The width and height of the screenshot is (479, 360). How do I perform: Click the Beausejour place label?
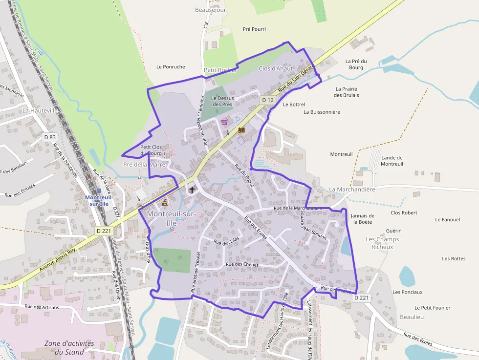[210, 10]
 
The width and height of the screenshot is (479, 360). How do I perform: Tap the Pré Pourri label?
[254, 29]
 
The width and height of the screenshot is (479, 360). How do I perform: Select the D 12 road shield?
[267, 100]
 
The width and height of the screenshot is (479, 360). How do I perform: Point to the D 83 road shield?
[49, 138]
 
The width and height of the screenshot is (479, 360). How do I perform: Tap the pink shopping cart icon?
[224, 122]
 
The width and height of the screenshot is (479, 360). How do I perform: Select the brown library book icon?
[241, 130]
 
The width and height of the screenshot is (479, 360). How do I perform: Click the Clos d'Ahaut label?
[276, 68]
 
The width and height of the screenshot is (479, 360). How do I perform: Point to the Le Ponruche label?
[171, 67]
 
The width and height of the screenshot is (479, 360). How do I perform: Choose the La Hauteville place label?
[40, 111]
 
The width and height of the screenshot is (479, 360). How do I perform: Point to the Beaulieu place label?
[412, 317]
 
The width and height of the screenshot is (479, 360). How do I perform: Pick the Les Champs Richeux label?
[382, 243]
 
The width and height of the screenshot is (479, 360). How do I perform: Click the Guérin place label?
[393, 231]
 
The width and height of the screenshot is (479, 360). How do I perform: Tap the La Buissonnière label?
[322, 112]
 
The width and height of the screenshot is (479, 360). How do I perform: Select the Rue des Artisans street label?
[42, 307]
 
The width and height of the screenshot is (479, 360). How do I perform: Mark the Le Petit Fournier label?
[432, 308]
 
